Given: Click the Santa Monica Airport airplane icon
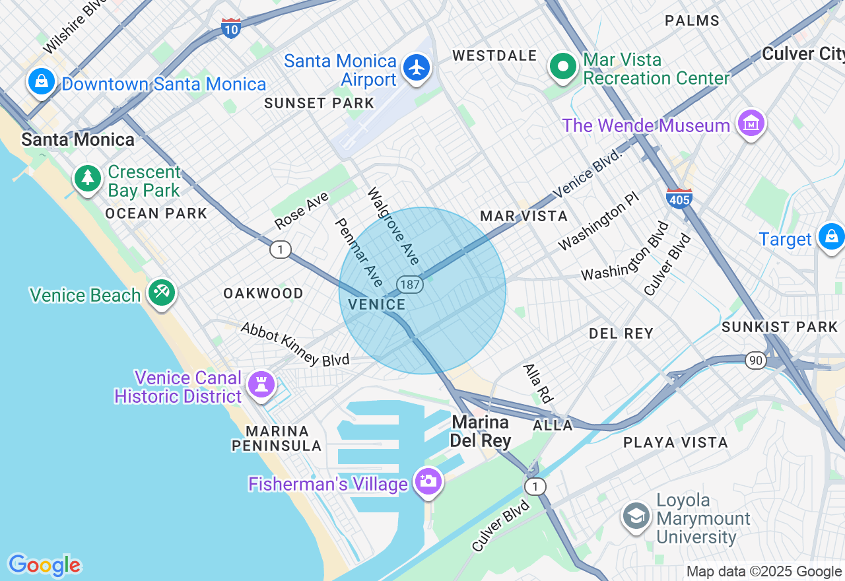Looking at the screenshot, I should [417, 67].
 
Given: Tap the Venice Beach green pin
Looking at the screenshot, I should [161, 292].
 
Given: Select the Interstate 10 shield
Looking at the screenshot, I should [231, 28].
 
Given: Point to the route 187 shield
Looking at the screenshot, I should [409, 285].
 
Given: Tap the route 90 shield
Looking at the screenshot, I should [756, 360].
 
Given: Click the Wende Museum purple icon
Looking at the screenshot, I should [751, 123].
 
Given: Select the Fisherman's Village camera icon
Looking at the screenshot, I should [428, 481].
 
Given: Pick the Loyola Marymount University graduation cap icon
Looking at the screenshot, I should [636, 517].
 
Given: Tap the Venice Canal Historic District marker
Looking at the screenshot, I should [261, 384].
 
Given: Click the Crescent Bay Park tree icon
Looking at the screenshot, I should [87, 178].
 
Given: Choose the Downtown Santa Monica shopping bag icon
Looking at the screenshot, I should [42, 81].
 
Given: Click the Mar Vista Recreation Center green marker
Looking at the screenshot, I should [563, 67].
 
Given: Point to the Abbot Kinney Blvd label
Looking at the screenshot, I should [294, 345].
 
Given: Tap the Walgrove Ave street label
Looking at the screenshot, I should [393, 226].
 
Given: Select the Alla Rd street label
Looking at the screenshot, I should [537, 383].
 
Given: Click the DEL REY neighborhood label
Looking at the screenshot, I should [621, 334].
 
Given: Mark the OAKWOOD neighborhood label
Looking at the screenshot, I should [263, 293].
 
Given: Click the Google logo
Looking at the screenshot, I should [44, 565].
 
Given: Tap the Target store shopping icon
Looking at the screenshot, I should [830, 236].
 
